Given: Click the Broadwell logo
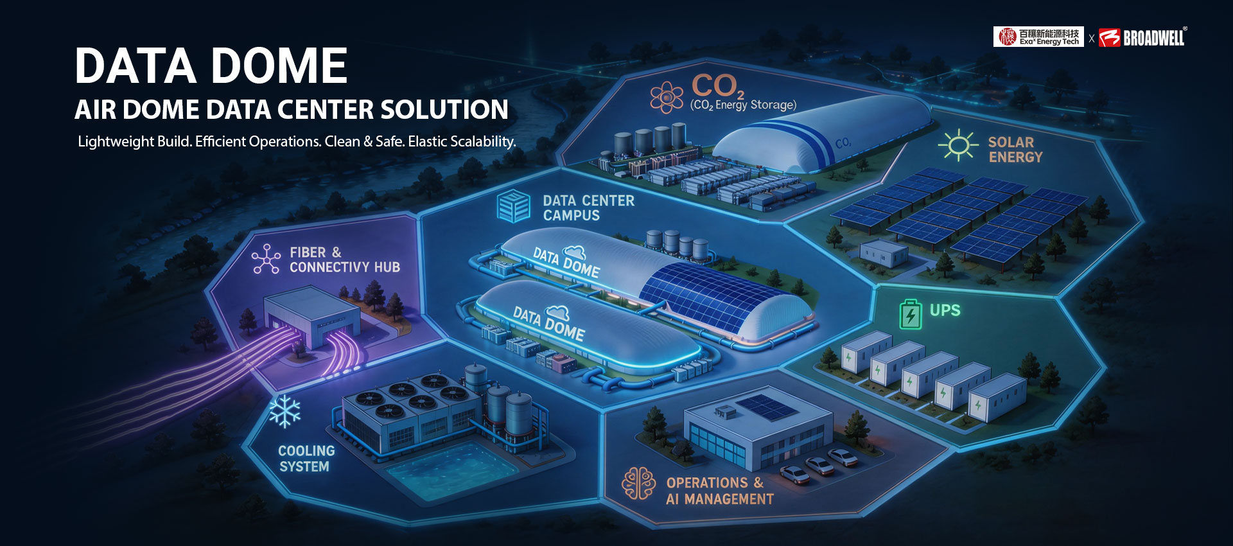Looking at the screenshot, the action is click(x=1142, y=37).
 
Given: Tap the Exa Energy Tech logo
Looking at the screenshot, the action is click(x=1038, y=37).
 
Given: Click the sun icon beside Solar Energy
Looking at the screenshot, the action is click(x=958, y=145).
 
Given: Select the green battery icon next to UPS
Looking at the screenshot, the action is click(x=910, y=314).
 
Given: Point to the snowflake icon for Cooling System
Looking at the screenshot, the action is click(x=284, y=411).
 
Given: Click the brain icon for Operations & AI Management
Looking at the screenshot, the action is click(x=638, y=483).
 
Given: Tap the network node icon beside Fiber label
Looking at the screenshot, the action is click(x=266, y=259).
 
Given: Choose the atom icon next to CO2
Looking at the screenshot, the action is click(x=667, y=98).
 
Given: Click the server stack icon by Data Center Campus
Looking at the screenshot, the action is click(x=514, y=206).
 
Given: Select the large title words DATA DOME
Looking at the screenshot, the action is click(x=211, y=66).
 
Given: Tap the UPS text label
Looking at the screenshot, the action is click(x=945, y=310).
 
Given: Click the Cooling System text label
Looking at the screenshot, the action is click(x=306, y=459).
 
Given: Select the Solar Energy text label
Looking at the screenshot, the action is click(x=1015, y=150).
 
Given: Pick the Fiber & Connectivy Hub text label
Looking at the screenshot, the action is click(x=345, y=260).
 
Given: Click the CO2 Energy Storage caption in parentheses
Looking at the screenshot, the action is click(x=743, y=105).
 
